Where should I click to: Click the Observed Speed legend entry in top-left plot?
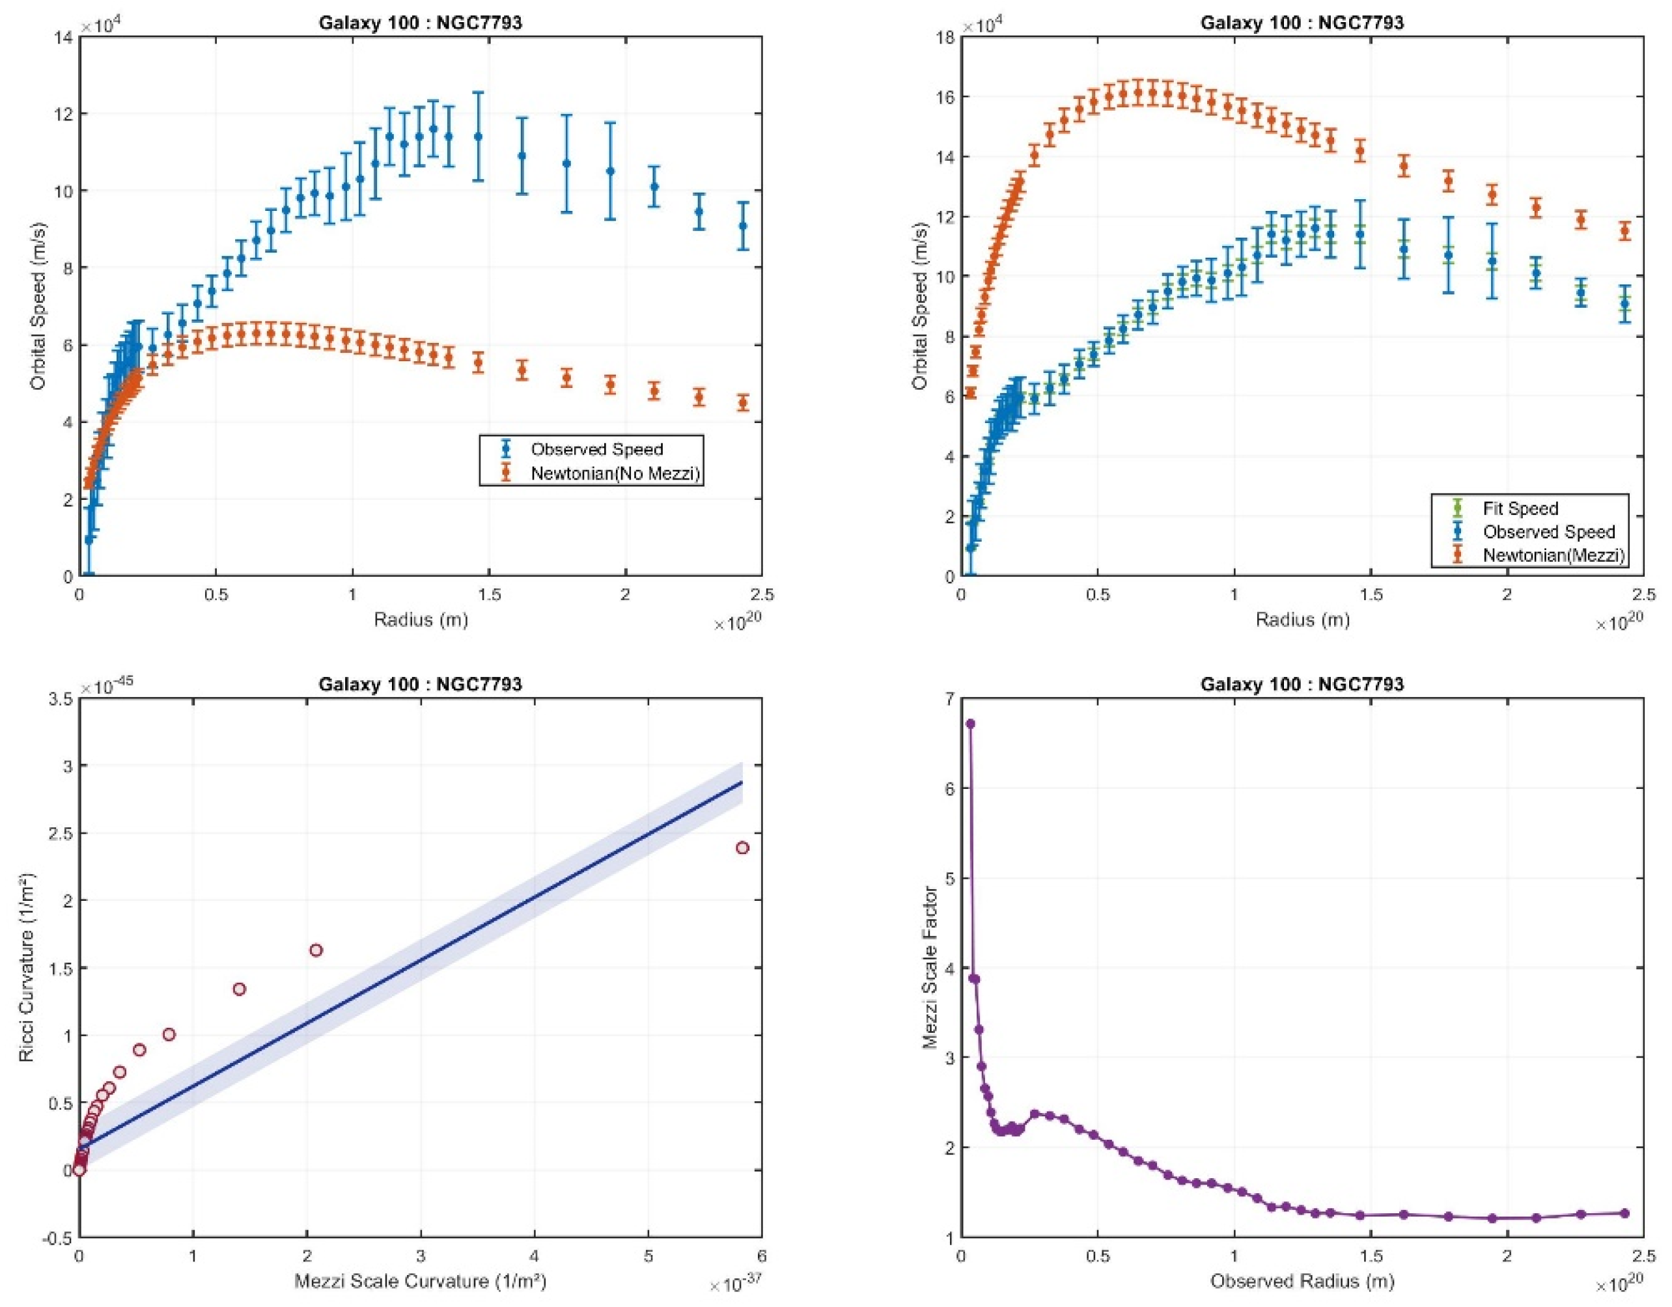click(596, 449)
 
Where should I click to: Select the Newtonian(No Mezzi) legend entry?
click(615, 474)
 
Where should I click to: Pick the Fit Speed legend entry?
click(1520, 508)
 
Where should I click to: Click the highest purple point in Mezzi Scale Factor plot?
click(970, 724)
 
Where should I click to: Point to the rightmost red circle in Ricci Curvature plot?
click(742, 848)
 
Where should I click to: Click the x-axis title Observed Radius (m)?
click(1302, 1281)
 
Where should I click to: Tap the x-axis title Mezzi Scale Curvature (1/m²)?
click(421, 1281)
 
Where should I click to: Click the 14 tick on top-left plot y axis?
click(66, 36)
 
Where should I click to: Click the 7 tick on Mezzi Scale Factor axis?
click(949, 698)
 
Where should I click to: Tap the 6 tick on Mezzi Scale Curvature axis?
click(762, 1256)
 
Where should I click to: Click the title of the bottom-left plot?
click(421, 684)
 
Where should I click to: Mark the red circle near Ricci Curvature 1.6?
click(315, 950)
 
